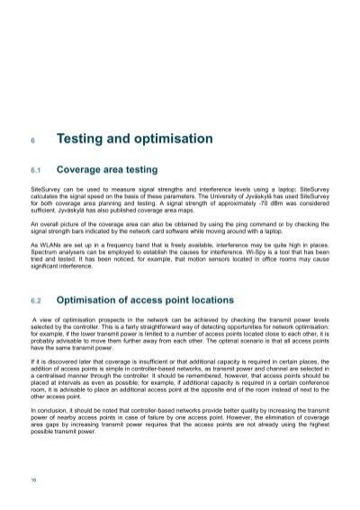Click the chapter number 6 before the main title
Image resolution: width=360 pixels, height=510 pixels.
(32, 141)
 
